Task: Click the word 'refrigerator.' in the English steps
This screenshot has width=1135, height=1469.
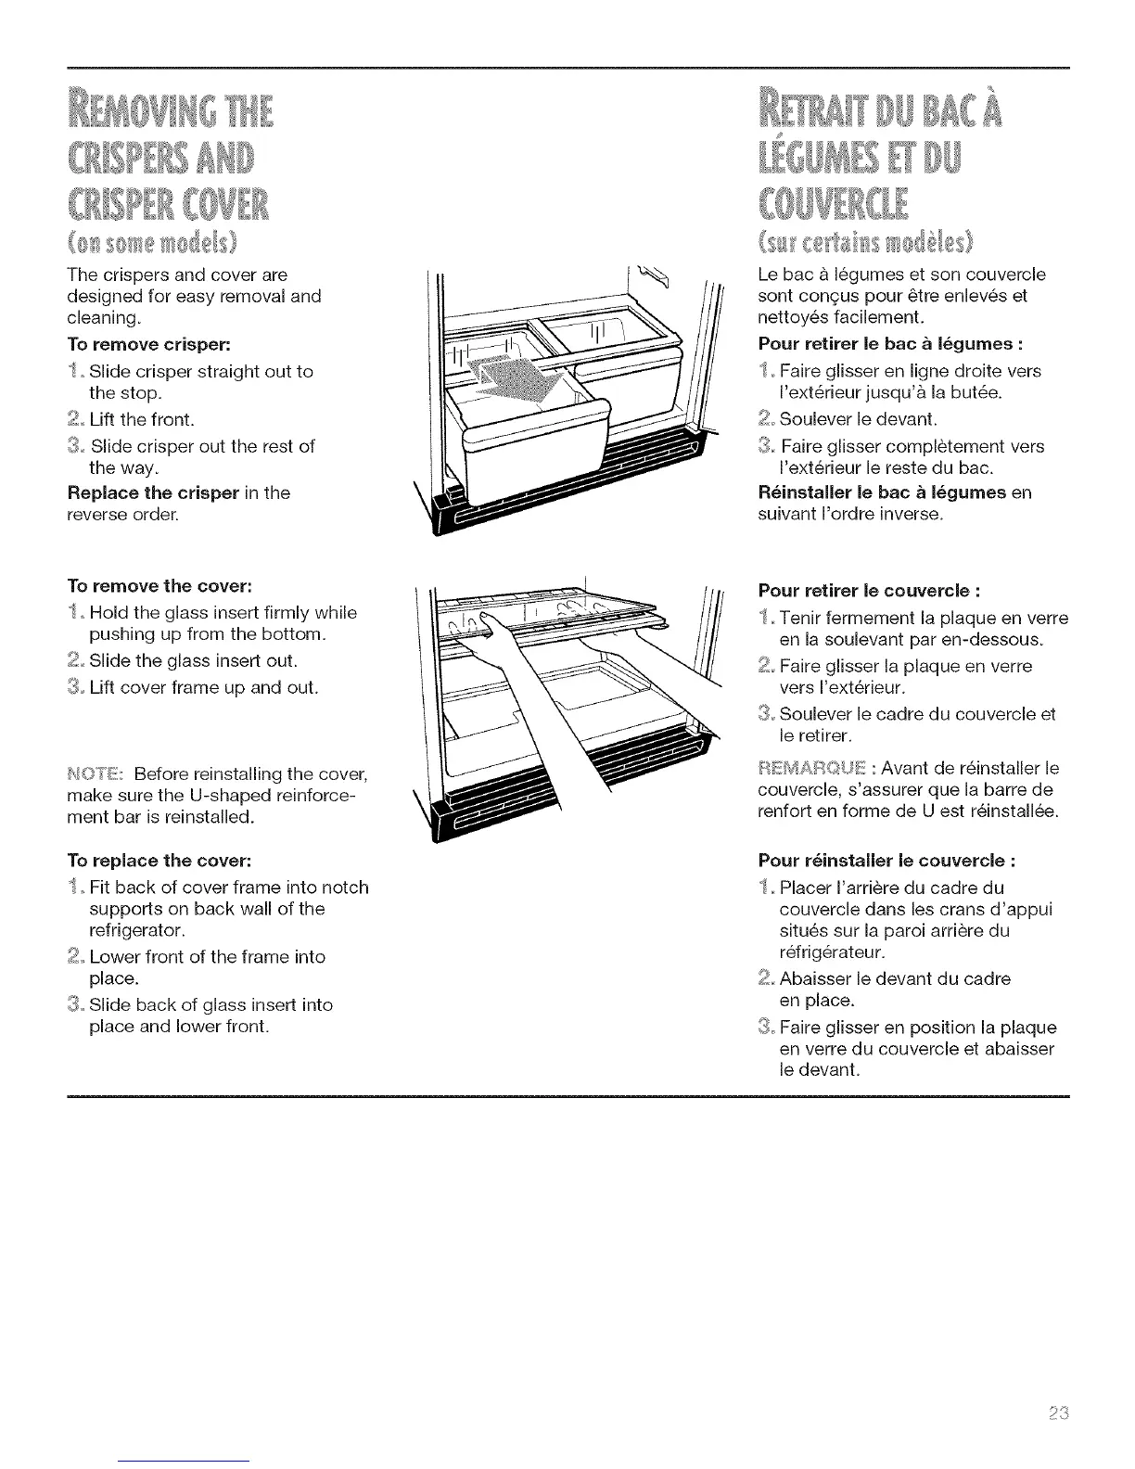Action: coord(137,929)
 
